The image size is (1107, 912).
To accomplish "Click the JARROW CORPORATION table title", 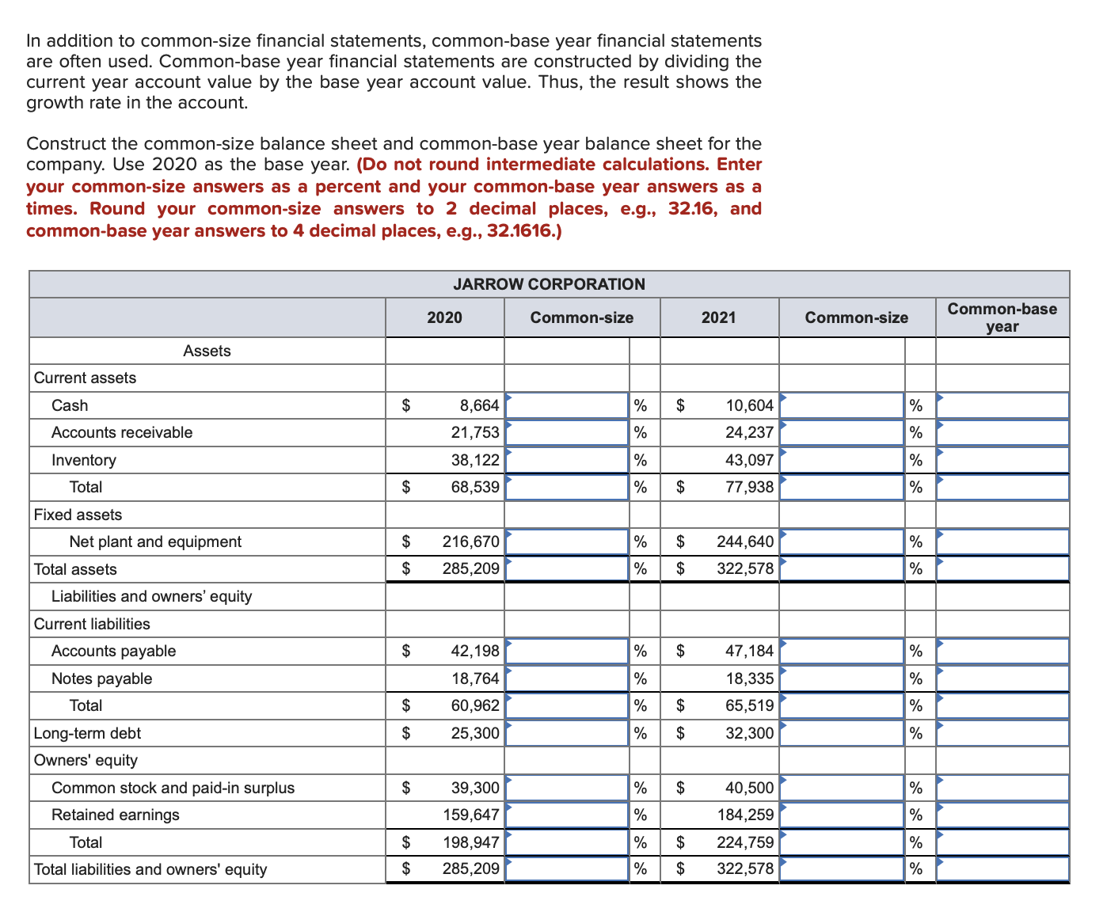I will [549, 284].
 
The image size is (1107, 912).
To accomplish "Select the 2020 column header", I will [444, 317].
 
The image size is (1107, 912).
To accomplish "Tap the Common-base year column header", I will [1002, 317].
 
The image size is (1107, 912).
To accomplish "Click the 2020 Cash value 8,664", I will [479, 405].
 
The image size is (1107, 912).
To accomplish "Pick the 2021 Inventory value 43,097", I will [749, 460].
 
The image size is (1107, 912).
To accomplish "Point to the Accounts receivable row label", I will [122, 432].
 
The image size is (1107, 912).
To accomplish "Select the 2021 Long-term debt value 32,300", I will [749, 733].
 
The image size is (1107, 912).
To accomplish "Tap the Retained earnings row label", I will [116, 815].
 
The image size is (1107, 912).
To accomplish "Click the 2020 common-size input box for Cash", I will [567, 405].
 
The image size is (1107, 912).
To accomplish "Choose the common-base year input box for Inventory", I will [1002, 460].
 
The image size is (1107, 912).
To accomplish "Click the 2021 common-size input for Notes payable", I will [842, 678].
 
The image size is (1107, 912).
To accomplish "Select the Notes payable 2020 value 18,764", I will [475, 678].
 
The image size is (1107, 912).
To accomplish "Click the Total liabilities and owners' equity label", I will [150, 869].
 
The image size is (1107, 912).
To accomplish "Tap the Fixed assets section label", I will [78, 515].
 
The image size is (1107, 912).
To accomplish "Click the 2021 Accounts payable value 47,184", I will [749, 651].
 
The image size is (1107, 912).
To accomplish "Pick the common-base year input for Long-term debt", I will [1002, 733].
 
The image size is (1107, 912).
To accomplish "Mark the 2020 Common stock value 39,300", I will [475, 788].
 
